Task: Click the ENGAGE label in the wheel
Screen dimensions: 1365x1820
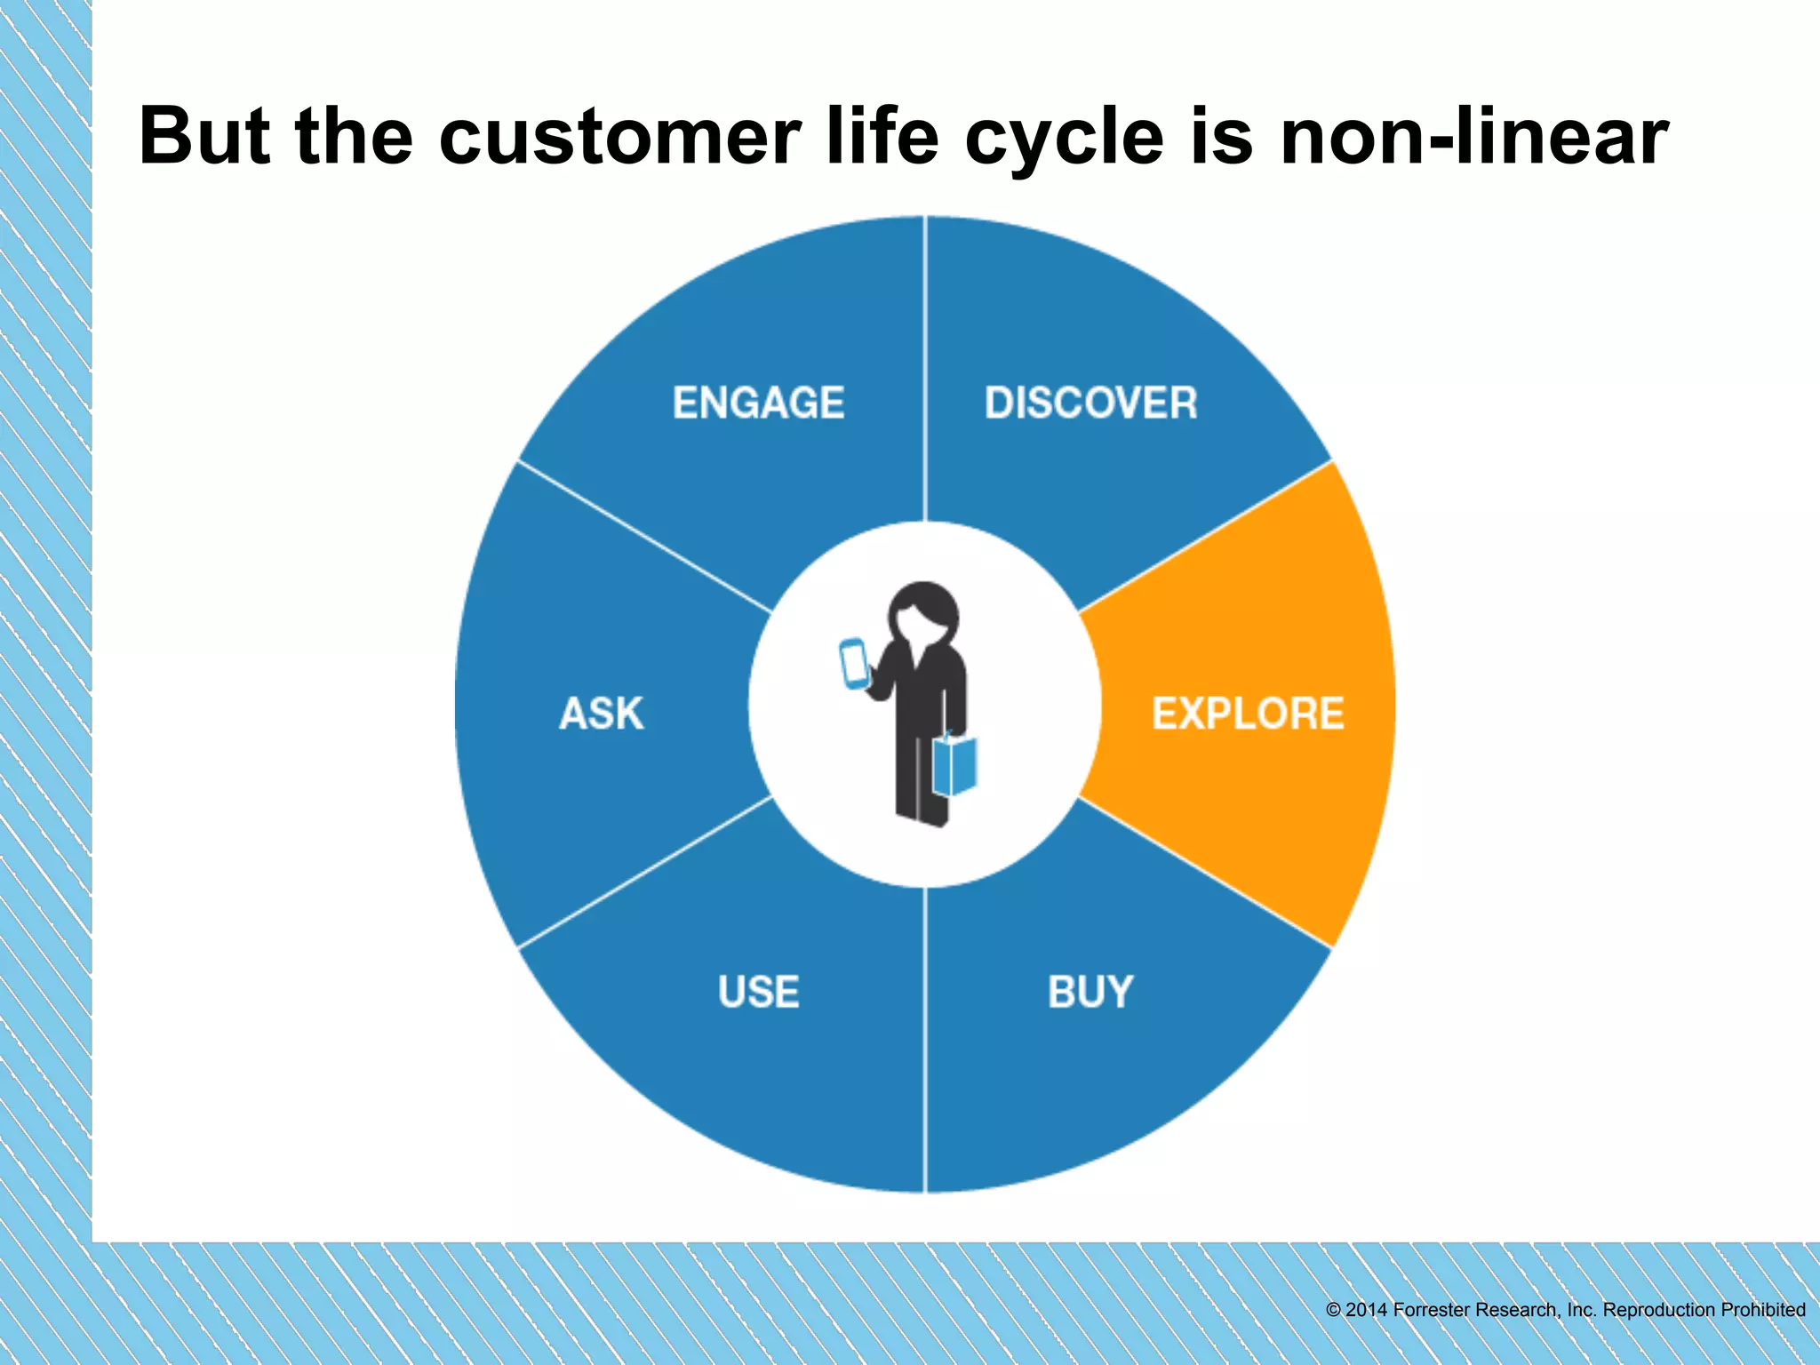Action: (x=758, y=403)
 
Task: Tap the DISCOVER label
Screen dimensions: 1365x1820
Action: (x=1090, y=403)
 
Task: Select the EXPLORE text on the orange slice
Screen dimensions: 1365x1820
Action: (x=1247, y=714)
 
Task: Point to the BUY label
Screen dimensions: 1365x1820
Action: (x=1090, y=992)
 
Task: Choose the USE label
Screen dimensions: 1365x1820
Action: (x=758, y=992)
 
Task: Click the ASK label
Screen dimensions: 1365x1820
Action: (x=602, y=714)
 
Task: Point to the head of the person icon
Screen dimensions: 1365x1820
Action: (x=924, y=611)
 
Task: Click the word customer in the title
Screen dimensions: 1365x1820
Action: (x=619, y=138)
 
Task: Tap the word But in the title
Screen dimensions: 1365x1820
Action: (x=204, y=138)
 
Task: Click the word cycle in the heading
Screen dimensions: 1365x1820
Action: (x=1064, y=138)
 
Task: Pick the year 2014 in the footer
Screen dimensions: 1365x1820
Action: (x=1367, y=1310)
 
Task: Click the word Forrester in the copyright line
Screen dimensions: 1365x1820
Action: (x=1432, y=1310)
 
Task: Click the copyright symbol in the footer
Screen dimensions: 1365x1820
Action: (x=1333, y=1310)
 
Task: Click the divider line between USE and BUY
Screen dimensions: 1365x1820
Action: (x=925, y=1040)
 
